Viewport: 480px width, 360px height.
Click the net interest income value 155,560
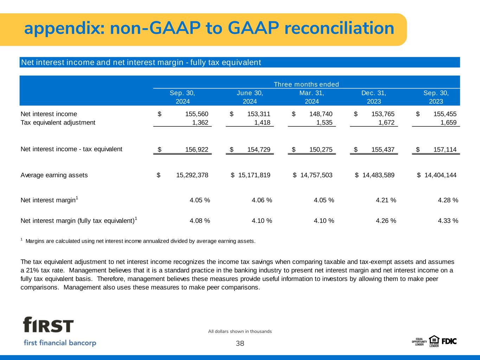point(197,114)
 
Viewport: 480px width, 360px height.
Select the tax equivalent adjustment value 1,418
point(262,122)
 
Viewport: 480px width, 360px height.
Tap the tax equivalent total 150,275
point(321,149)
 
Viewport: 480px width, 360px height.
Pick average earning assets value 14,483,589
point(378,175)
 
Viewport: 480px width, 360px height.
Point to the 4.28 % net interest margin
point(448,200)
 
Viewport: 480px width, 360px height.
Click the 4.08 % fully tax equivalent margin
point(200,220)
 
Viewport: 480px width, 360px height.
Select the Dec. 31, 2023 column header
point(374,97)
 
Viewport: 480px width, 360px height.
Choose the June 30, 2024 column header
point(250,97)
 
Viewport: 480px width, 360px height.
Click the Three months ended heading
point(306,84)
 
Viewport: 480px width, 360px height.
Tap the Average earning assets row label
point(54,175)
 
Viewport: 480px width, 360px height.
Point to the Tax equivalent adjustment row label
point(58,123)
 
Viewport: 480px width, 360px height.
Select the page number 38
point(240,343)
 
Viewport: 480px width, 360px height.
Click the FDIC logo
point(449,341)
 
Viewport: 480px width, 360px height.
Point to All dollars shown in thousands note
point(240,332)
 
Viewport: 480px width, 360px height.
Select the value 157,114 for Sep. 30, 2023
point(445,149)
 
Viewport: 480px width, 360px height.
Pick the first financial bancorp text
point(60,343)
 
